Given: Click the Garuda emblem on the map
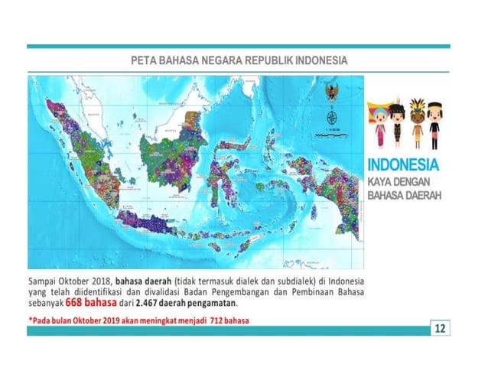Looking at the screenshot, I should tap(331, 93).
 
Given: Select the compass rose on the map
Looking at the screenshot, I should tap(331, 118).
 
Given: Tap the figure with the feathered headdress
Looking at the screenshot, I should tap(417, 123).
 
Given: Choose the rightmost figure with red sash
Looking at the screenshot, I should tap(435, 125).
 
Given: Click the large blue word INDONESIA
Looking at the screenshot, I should tap(403, 165).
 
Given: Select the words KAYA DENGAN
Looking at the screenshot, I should tap(400, 182).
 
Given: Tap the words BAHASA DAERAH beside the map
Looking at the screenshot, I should tap(405, 196).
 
